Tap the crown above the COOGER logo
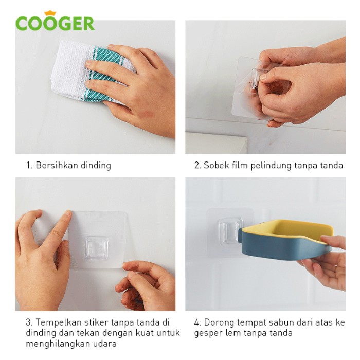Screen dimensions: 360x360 pos(50,13)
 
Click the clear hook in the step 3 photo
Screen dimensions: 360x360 pos(97,247)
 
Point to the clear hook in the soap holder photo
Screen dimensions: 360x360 pos(230,232)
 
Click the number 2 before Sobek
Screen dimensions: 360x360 pos(197,165)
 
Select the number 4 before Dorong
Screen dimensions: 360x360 pos(197,322)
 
